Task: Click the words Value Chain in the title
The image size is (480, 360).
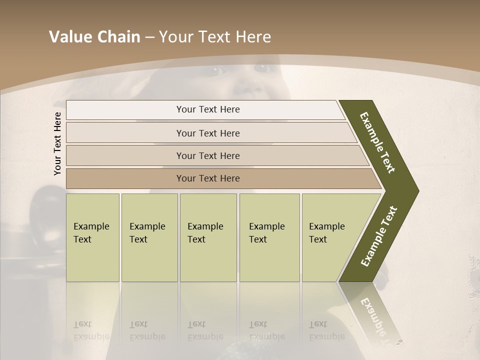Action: click(94, 37)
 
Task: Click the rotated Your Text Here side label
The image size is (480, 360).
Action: click(57, 143)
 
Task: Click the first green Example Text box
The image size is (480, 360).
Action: click(92, 237)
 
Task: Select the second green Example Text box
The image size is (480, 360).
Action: click(149, 237)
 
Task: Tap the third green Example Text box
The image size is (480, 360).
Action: click(208, 237)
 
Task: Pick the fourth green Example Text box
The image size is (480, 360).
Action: click(269, 237)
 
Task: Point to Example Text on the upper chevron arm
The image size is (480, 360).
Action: click(378, 142)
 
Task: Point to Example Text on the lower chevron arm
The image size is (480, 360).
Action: click(379, 236)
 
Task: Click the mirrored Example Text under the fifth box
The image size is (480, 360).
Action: click(326, 330)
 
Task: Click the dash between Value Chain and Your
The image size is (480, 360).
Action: click(149, 37)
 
